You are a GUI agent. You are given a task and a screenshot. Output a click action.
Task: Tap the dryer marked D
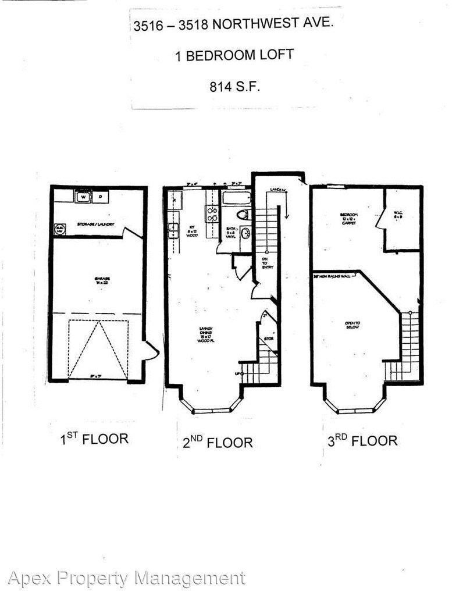[x=99, y=197]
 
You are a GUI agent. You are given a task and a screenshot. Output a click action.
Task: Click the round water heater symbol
[x=59, y=230]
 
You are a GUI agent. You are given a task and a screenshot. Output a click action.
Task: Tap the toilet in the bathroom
[x=243, y=214]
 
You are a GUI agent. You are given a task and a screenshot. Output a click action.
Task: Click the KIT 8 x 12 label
[x=193, y=232]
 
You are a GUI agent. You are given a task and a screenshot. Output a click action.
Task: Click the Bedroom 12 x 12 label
[x=350, y=218]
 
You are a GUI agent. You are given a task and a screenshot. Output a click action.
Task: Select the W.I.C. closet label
[x=398, y=216]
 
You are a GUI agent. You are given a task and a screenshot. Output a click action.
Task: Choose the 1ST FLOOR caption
[x=94, y=439]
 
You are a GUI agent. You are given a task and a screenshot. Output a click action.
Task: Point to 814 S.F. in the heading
[x=234, y=87]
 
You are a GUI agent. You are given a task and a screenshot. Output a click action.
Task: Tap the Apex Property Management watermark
[x=126, y=578]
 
